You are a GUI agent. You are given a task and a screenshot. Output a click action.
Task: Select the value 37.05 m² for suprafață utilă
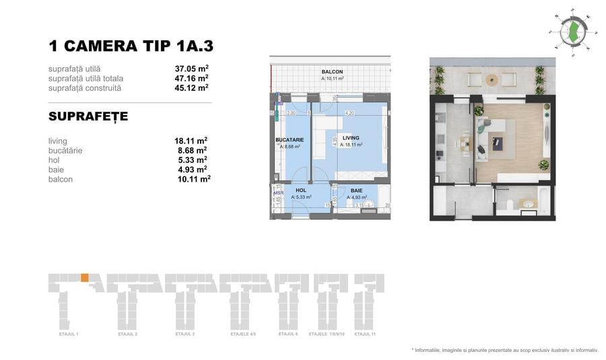(x=191, y=69)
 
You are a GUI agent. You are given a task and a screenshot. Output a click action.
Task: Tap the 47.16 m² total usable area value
(x=191, y=78)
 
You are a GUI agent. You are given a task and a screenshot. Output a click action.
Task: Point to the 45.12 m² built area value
(x=191, y=87)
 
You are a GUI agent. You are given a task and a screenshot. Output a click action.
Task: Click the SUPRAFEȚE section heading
(x=88, y=116)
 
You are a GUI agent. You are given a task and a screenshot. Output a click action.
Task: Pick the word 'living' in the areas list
(x=58, y=141)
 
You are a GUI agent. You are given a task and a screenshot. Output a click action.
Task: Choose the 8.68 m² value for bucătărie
(x=191, y=151)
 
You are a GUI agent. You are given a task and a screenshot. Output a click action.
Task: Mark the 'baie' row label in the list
(x=56, y=170)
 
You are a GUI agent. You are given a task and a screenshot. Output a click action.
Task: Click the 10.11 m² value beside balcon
(x=192, y=179)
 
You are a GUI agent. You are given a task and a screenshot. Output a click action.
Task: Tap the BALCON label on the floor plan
(x=332, y=72)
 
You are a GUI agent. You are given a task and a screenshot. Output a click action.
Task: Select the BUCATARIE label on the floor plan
(x=290, y=140)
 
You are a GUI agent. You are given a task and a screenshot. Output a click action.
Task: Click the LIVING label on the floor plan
(x=351, y=138)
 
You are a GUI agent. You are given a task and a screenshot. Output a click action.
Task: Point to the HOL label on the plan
(x=301, y=190)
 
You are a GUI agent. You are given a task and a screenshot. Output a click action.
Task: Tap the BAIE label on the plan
(x=356, y=190)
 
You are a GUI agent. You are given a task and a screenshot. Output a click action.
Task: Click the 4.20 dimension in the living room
(x=349, y=113)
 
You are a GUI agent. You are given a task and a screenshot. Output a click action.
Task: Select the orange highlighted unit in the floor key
(x=84, y=277)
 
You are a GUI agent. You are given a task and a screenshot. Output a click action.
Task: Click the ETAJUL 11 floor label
(x=364, y=334)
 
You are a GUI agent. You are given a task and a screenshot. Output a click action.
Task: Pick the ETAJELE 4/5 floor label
(x=243, y=334)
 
